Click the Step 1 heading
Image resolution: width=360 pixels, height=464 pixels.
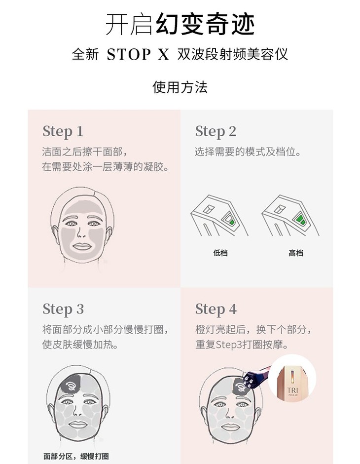click(63, 132)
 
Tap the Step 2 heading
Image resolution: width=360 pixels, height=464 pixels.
click(216, 132)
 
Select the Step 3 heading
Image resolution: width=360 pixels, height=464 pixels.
click(63, 309)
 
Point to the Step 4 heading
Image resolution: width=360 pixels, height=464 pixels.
click(216, 309)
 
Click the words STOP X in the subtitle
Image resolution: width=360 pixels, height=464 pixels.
click(138, 54)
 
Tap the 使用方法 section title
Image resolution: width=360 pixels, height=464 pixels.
click(180, 87)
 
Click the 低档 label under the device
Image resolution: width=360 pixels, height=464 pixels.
click(220, 253)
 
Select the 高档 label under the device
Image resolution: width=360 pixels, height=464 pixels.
click(296, 253)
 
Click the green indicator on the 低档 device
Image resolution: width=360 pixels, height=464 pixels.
click(232, 222)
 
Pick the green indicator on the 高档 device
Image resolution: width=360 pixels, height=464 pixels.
click(301, 220)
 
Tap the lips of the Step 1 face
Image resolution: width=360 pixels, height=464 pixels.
click(81, 246)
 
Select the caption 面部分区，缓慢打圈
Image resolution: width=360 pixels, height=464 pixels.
click(76, 456)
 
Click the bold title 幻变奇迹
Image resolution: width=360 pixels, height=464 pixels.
click(205, 24)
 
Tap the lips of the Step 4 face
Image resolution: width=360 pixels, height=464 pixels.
click(230, 426)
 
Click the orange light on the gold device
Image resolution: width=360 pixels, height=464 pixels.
click(292, 376)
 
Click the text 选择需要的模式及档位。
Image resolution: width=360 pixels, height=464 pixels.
click(248, 152)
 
